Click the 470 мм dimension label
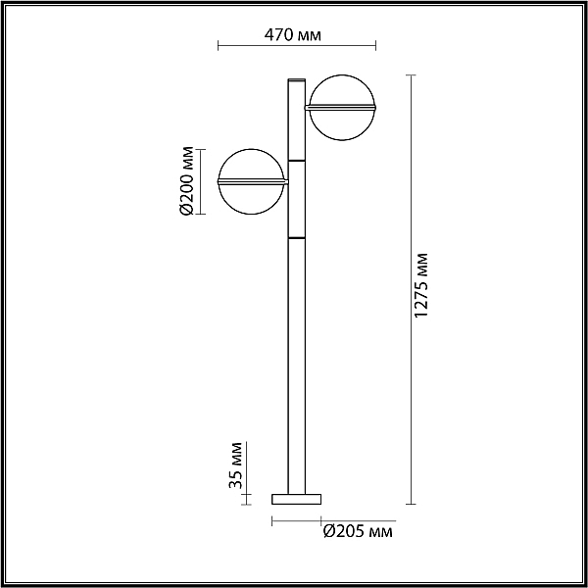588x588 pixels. pyautogui.click(x=292, y=35)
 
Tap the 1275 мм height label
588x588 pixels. pyautogui.click(x=421, y=285)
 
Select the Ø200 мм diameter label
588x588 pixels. pyautogui.click(x=186, y=180)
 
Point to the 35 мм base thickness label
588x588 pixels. pyautogui.click(x=235, y=465)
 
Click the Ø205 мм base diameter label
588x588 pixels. pyautogui.click(x=358, y=531)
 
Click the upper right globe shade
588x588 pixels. pyautogui.click(x=342, y=108)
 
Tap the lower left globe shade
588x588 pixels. pyautogui.click(x=252, y=181)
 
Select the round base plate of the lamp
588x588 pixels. pyautogui.click(x=296, y=499)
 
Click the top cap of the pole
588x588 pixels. pyautogui.click(x=296, y=80)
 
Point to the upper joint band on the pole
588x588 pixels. pyautogui.click(x=296, y=161)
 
